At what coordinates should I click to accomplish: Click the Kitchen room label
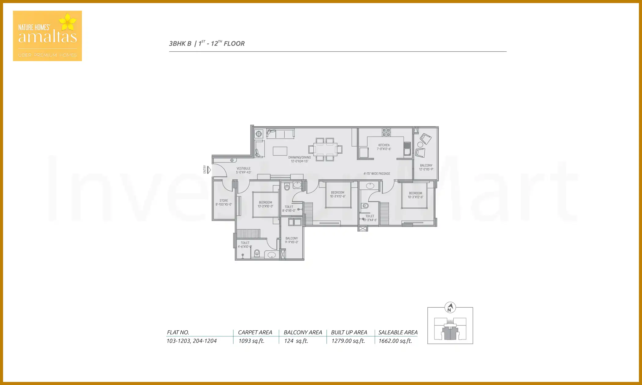coord(384,147)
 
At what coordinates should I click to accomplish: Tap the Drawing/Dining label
coord(299,159)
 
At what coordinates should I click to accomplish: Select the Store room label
coord(223,203)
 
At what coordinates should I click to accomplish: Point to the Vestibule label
coord(243,170)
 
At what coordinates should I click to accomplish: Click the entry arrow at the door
coord(209,170)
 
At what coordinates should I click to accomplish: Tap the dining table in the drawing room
coord(325,149)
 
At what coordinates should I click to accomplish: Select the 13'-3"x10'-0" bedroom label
coord(265,204)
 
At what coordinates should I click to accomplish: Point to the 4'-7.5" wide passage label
coord(377,174)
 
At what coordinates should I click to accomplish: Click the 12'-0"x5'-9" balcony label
coord(426,167)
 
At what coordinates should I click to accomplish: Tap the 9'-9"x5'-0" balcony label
coord(291,240)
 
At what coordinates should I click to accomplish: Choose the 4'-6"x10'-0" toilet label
coord(245,245)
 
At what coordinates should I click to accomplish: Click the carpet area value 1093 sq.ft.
coord(251,341)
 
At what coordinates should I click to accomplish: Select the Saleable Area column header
coord(398,332)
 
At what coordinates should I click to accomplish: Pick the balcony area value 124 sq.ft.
coord(296,341)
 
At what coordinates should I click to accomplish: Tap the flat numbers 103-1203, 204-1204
coord(191,341)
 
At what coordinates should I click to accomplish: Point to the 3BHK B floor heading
coord(207,43)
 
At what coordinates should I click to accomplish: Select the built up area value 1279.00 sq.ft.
coord(348,341)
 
